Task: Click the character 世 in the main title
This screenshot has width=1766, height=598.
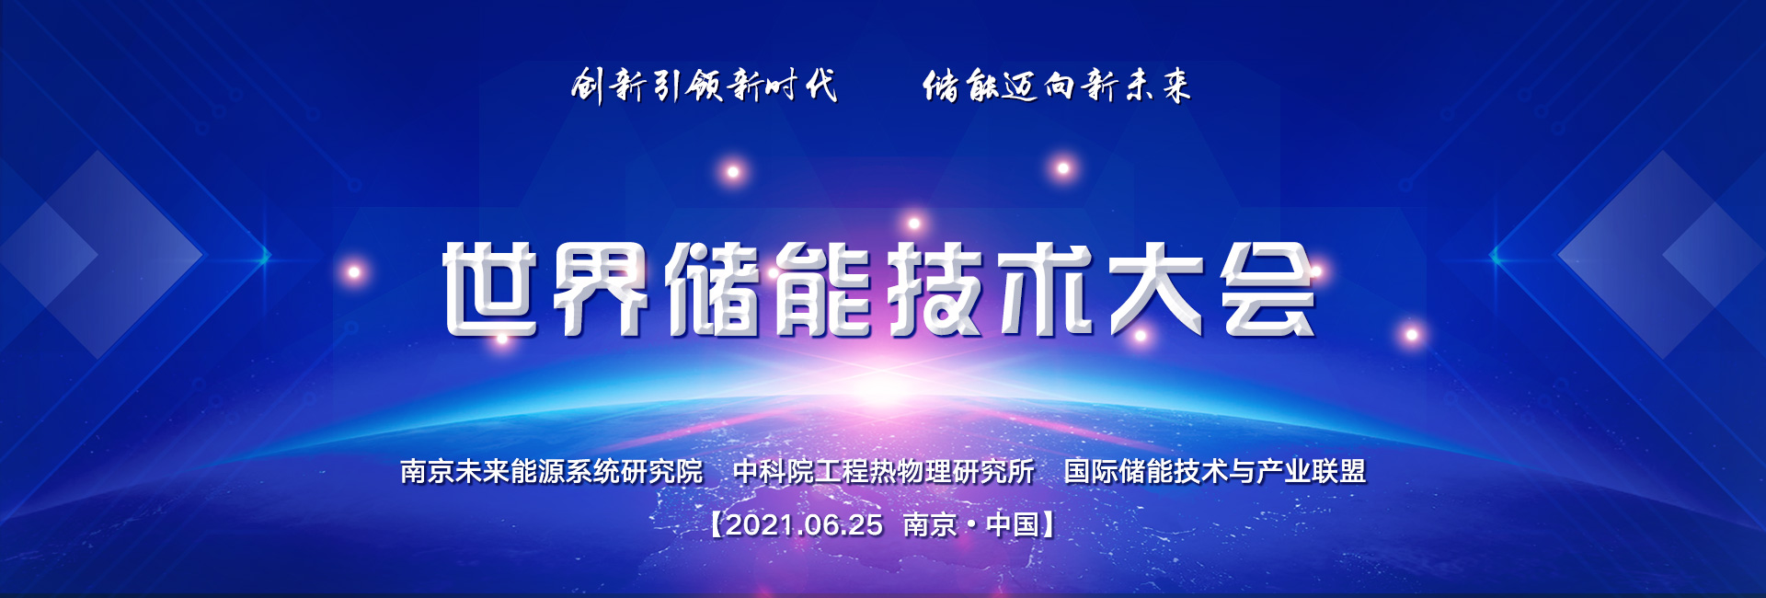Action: click(489, 289)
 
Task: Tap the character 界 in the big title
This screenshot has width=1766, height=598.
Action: click(602, 289)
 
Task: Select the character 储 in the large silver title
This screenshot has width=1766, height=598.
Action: click(715, 289)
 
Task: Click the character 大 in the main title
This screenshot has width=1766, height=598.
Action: click(1158, 289)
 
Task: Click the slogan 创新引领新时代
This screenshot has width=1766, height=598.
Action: click(705, 86)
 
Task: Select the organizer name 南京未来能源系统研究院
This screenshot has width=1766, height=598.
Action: click(552, 471)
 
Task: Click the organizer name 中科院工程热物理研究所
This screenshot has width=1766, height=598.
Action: click(884, 471)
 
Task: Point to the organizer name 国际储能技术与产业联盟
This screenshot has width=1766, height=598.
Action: click(1215, 471)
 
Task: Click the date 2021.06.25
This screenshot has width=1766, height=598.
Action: click(804, 524)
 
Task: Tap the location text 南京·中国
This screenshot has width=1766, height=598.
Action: click(971, 524)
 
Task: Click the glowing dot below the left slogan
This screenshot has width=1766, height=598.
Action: click(733, 171)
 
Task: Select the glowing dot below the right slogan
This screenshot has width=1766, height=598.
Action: click(1063, 167)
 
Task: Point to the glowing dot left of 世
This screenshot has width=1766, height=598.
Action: click(354, 271)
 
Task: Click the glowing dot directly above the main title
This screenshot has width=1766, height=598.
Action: click(913, 223)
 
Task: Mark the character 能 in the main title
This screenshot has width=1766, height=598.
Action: click(826, 289)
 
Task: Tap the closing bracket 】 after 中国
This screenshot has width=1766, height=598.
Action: click(1048, 524)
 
